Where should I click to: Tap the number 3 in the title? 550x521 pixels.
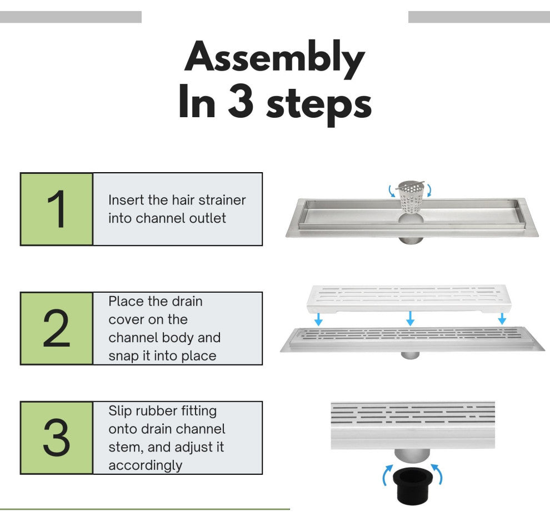pyautogui.click(x=241, y=102)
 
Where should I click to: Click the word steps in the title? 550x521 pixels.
pyautogui.click(x=319, y=105)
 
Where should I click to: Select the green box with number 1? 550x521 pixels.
pyautogui.click(x=57, y=209)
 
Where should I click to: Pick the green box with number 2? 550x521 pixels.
pyautogui.click(x=57, y=328)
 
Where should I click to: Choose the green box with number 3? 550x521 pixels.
pyautogui.click(x=57, y=438)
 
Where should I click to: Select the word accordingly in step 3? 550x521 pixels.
pyautogui.click(x=145, y=466)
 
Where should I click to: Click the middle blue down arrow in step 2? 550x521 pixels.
pyautogui.click(x=410, y=318)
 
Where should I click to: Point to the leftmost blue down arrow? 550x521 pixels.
pyautogui.click(x=318, y=319)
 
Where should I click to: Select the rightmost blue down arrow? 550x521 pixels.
pyautogui.click(x=502, y=318)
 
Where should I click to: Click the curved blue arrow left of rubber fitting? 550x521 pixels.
pyautogui.click(x=387, y=475)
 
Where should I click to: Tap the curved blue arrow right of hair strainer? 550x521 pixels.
pyautogui.click(x=429, y=191)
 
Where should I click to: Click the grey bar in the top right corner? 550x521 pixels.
pyautogui.click(x=479, y=17)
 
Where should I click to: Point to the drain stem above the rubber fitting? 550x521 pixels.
pyautogui.click(x=412, y=457)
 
